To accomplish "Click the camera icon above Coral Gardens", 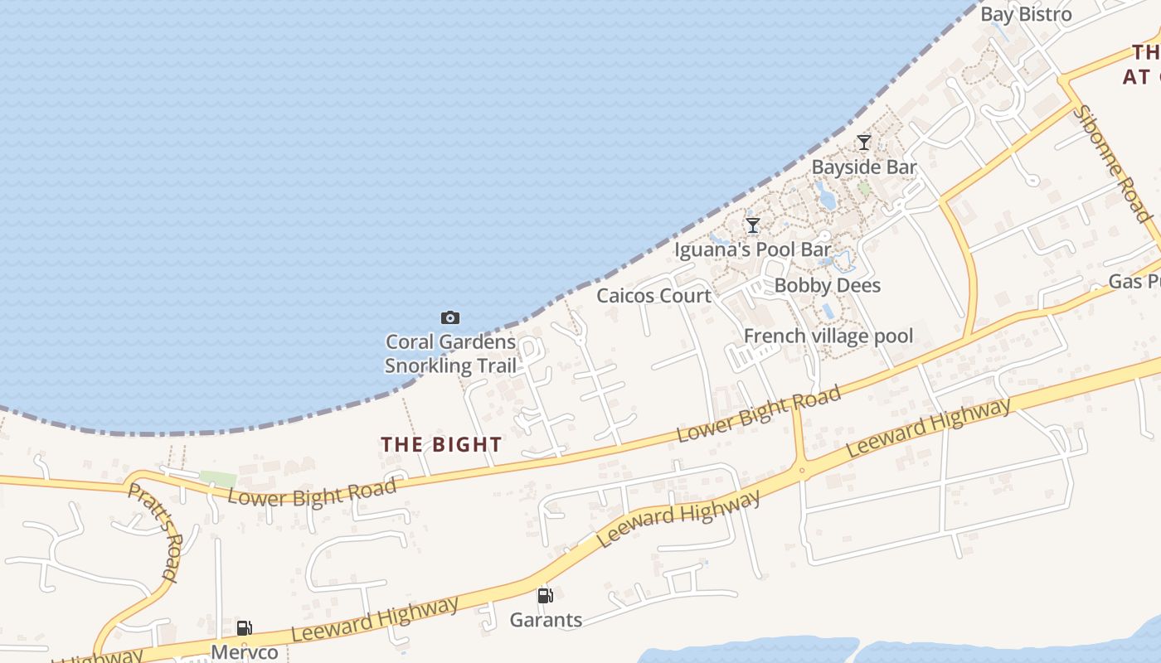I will [x=450, y=317].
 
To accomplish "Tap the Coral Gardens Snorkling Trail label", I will [x=450, y=354].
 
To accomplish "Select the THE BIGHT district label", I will [x=441, y=444].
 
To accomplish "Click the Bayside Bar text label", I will [x=863, y=167].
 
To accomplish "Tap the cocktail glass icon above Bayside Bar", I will [x=863, y=143].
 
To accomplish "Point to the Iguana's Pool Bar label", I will [x=752, y=249].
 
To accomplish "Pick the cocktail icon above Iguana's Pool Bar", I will [x=752, y=225].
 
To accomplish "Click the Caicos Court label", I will [x=653, y=296].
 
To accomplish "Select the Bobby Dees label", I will [x=827, y=285].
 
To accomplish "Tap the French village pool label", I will [x=828, y=336].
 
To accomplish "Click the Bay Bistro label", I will [x=1026, y=14].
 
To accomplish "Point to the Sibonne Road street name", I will [x=1115, y=163].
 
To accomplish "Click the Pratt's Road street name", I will [x=153, y=530].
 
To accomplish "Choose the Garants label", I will [x=545, y=619].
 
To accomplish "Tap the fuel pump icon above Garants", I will [x=545, y=595].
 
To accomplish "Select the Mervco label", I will [x=244, y=652].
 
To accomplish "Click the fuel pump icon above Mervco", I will [x=244, y=628].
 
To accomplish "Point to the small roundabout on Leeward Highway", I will [x=802, y=471].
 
